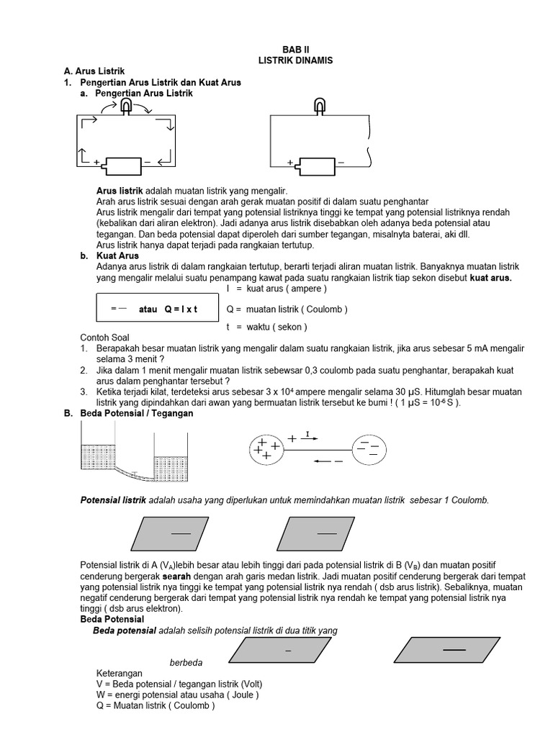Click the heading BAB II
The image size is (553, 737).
[295, 50]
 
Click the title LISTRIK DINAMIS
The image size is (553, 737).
[295, 60]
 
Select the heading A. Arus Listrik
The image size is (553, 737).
[94, 71]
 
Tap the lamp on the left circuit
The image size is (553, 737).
[126, 108]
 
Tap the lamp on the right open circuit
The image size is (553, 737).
[320, 108]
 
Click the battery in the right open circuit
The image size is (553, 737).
[316, 166]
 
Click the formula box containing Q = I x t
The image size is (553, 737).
[157, 309]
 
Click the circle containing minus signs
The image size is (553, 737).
[369, 450]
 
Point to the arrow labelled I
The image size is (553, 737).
[308, 436]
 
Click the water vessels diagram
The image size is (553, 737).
[134, 458]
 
